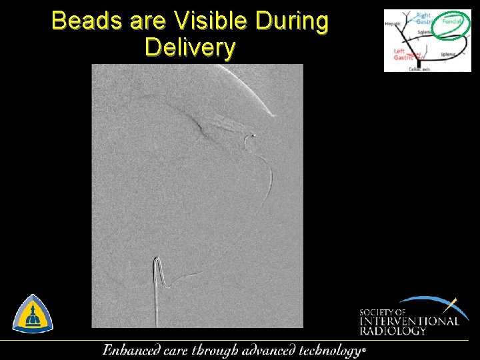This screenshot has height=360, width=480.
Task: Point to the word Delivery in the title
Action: pyautogui.click(x=190, y=47)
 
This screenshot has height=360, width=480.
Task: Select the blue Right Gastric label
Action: pyautogui.click(x=424, y=19)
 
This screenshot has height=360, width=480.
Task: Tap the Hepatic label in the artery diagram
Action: pyautogui.click(x=393, y=25)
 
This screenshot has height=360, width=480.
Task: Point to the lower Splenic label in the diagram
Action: pyautogui.click(x=447, y=55)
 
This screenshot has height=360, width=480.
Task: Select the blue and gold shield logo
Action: pyautogui.click(x=33, y=314)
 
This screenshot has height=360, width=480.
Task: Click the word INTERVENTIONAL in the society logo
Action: pyautogui.click(x=409, y=321)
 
